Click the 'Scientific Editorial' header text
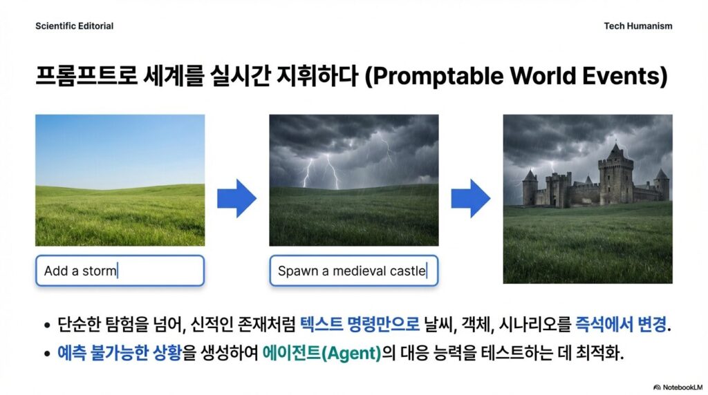pyautogui.click(x=75, y=26)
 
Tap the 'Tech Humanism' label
pyautogui.click(x=638, y=26)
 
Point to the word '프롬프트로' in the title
pyautogui.click(x=86, y=75)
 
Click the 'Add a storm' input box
pyautogui.click(x=120, y=271)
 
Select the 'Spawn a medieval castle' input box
pyautogui.click(x=354, y=271)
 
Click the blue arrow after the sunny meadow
pyautogui.click(x=237, y=198)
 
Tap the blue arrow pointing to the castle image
pyautogui.click(x=471, y=198)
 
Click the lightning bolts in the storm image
pyautogui.click(x=322, y=171)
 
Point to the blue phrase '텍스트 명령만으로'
pyautogui.click(x=360, y=324)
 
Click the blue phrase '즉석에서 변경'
pyautogui.click(x=621, y=324)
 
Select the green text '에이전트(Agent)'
pyautogui.click(x=322, y=353)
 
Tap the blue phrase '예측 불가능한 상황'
pyautogui.click(x=120, y=353)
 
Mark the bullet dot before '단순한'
pyautogui.click(x=47, y=325)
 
